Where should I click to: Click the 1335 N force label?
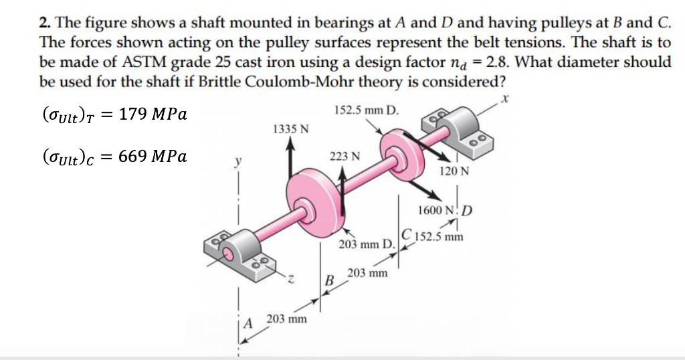(x=290, y=128)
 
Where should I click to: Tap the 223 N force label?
(x=345, y=156)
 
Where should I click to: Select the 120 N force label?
(x=455, y=171)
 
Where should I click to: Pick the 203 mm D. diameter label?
(x=367, y=245)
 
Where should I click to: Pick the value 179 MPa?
(x=152, y=114)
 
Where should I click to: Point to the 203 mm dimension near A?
(x=287, y=319)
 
